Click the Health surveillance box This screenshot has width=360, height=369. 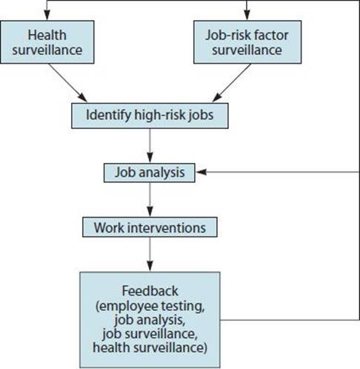pos(47,42)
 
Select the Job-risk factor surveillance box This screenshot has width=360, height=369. pos(247,42)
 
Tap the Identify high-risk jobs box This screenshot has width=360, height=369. pos(150,116)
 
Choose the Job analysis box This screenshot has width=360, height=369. pos(150,173)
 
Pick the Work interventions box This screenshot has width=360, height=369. pos(150,227)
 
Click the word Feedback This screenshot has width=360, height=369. pos(150,290)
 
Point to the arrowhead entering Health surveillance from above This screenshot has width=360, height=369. pos(47,15)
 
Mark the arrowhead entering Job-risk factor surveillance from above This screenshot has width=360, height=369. pos(247,15)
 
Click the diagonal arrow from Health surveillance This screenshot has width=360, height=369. pos(68,83)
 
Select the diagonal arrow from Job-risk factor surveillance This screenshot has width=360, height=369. pos(232,83)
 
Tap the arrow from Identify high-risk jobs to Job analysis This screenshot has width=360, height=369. pos(150,146)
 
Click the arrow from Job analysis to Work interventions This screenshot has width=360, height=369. pos(150,199)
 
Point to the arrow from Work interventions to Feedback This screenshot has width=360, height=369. pos(150,254)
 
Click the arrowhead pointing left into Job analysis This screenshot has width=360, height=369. pos(201,172)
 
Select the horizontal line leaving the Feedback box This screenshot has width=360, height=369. pos(290,320)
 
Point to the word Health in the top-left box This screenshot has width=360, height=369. pos(47,35)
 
